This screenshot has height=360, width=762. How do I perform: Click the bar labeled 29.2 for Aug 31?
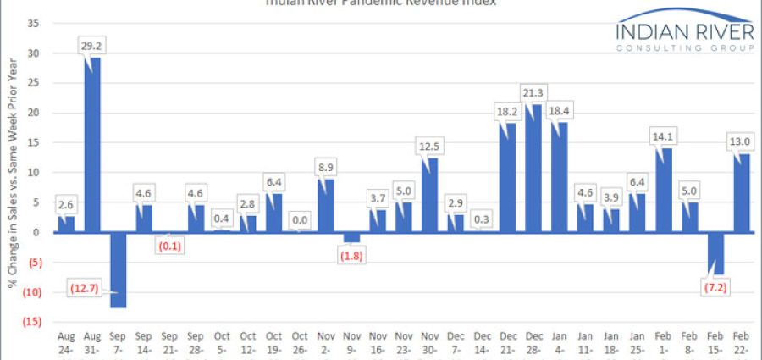(92, 145)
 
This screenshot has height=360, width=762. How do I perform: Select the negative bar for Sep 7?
(119, 269)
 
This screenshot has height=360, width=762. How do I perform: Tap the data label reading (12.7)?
(83, 289)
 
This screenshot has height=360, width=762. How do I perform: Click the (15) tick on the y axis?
(31, 322)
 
